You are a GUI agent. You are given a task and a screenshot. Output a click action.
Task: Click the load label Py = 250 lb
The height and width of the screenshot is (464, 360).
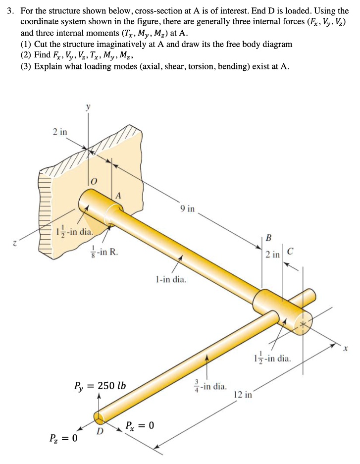pos(100,385)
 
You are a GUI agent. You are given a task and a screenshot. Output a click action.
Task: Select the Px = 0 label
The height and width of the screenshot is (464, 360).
pos(140,425)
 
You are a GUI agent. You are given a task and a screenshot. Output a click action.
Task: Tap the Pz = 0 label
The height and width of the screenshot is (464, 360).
pos(63,438)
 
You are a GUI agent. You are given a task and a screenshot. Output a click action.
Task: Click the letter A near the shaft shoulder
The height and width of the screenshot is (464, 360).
pos(118,196)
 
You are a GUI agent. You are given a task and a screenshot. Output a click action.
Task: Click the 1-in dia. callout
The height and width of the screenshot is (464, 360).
pos(171,280)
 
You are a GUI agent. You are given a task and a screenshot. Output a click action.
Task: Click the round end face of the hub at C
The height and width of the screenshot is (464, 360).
pos(302,323)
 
